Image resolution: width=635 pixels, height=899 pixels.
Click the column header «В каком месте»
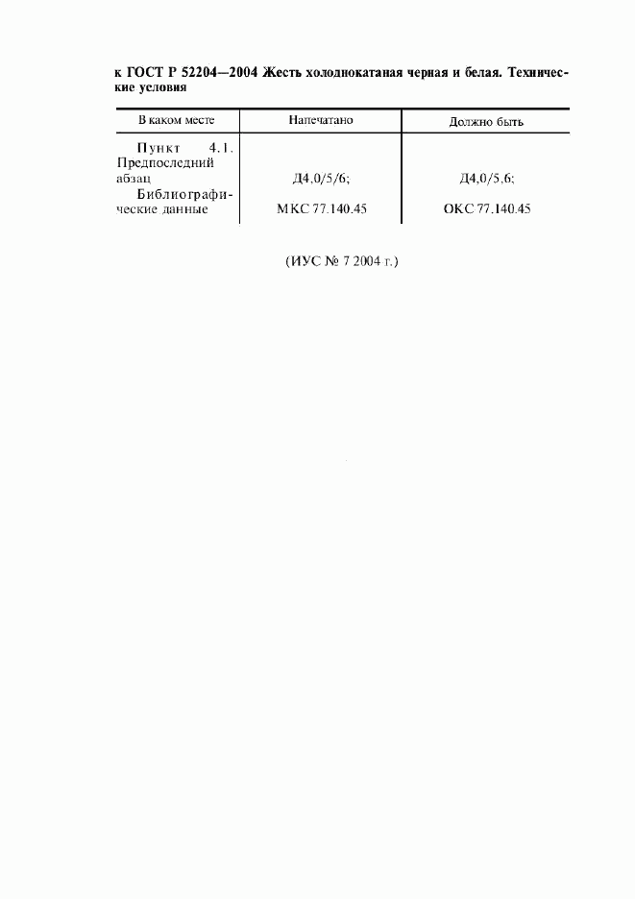click(x=176, y=120)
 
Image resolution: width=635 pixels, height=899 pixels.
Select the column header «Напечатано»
click(x=321, y=120)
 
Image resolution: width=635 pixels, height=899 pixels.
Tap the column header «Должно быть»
click(x=486, y=122)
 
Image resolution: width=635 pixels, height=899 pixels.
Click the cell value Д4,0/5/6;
click(x=321, y=179)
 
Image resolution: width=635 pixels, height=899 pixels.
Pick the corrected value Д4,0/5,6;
click(x=486, y=179)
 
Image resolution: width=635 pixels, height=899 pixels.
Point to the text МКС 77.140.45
click(x=321, y=208)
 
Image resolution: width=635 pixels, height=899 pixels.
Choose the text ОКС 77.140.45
click(x=486, y=208)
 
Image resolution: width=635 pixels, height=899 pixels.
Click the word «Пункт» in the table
click(x=159, y=148)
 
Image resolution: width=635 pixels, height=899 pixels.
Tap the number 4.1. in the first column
click(x=221, y=148)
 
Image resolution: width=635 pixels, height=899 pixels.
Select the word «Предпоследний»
click(x=165, y=163)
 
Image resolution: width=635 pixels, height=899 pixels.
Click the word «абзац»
click(x=134, y=179)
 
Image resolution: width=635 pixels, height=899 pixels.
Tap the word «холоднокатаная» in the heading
click(x=355, y=73)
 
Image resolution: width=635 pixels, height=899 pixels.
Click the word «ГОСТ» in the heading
click(x=144, y=73)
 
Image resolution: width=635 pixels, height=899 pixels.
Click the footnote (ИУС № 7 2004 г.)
click(x=341, y=261)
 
